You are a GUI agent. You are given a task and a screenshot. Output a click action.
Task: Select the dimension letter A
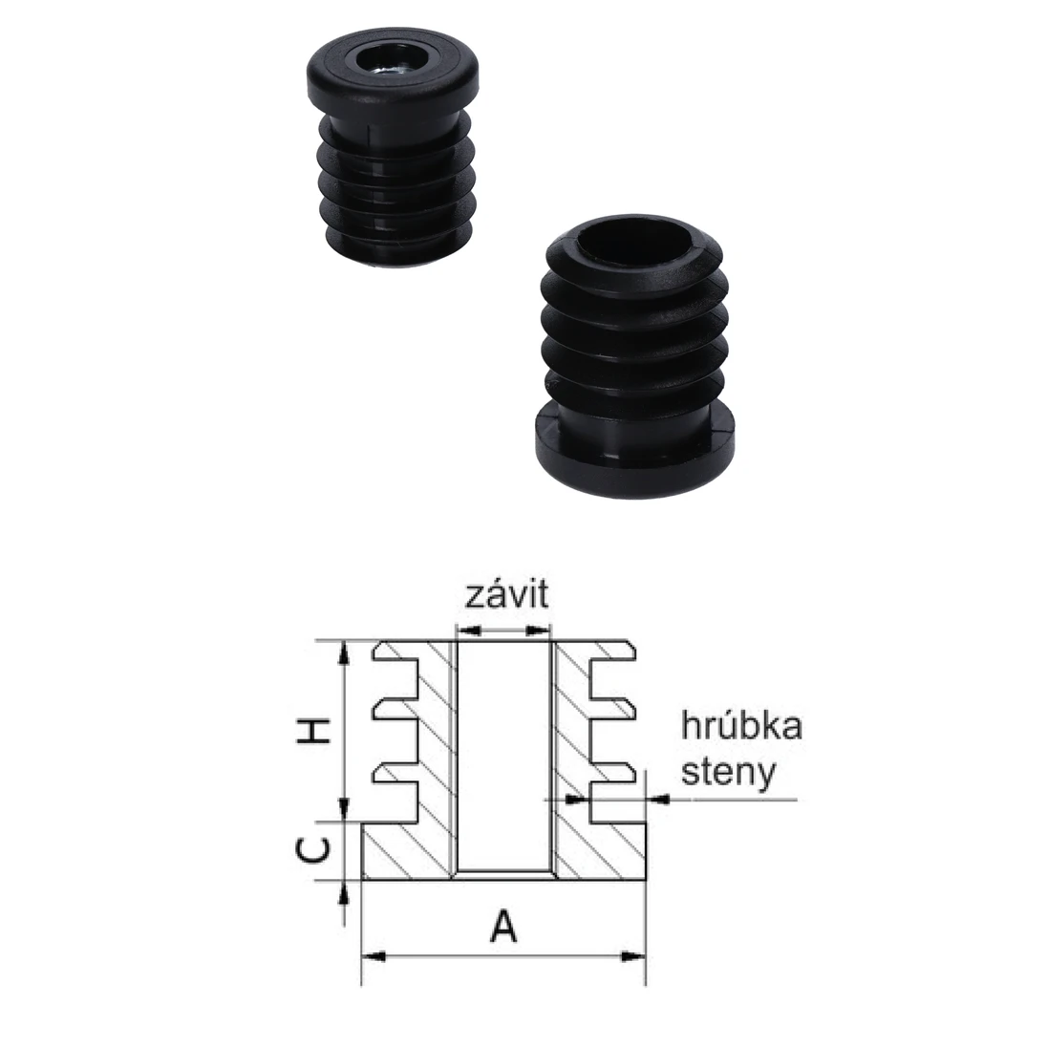(503, 926)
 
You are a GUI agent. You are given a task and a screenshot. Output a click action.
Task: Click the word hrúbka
(741, 727)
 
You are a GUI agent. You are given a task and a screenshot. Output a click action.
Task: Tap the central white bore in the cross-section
(503, 755)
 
